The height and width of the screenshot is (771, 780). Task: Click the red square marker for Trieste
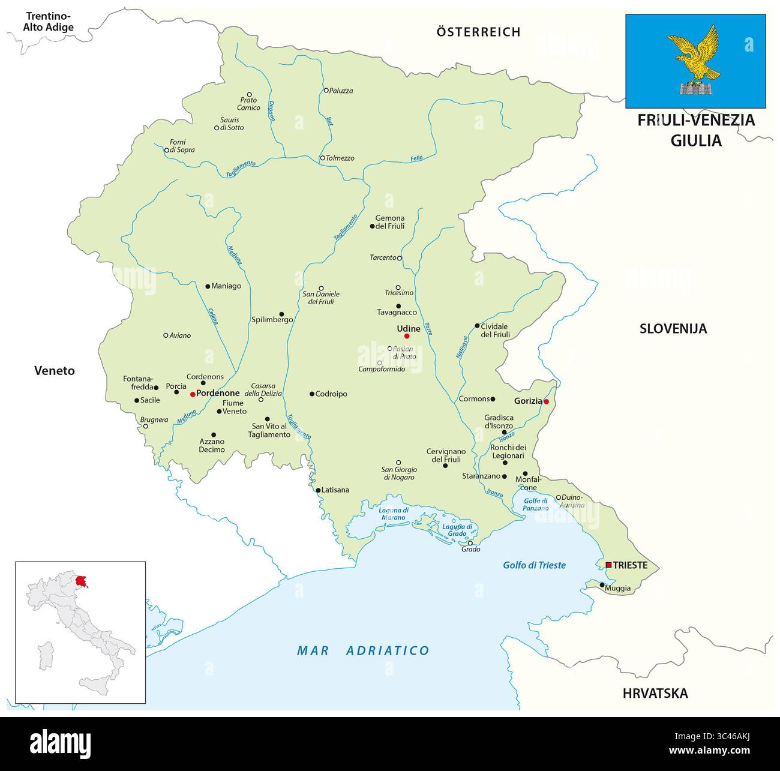pos(608,565)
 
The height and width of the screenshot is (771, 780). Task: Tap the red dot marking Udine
pos(407,336)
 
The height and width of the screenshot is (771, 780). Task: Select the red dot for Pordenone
pos(192,394)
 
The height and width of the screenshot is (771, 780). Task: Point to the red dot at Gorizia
pos(546,401)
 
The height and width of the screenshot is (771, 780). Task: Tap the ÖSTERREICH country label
pos(478,32)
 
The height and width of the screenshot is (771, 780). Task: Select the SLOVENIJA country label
pos(673,329)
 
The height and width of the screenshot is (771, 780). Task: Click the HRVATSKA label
pos(655,694)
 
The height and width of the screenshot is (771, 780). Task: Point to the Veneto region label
pos(54,371)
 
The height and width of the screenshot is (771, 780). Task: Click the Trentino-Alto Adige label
pos(48,22)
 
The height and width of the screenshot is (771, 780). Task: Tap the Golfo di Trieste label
pos(534,565)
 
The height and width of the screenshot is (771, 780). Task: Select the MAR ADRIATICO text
pos(364,650)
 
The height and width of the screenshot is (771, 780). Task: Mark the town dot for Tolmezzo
pos(322,158)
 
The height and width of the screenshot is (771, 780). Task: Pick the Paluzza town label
pos(341,91)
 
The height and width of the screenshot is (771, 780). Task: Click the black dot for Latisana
pos(318,490)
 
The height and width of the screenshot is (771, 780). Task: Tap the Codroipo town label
pos(332,394)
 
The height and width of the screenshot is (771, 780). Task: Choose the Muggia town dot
pos(602,585)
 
